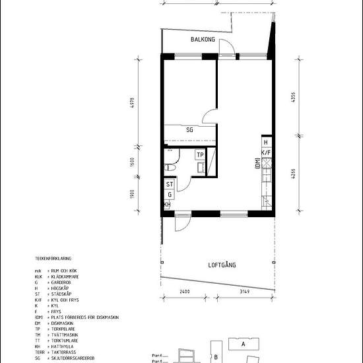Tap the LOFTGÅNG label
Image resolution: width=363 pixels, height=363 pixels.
[222, 265]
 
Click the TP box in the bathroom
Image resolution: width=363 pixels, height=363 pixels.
[199, 155]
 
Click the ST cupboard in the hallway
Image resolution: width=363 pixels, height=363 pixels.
[170, 185]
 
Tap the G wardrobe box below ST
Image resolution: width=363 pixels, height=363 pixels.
[170, 195]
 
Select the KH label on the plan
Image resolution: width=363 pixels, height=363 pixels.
[166, 205]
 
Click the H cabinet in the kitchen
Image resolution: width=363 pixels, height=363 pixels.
[265, 143]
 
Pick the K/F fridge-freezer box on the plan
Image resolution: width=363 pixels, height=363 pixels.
[265, 153]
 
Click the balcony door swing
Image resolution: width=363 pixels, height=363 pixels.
[226, 46]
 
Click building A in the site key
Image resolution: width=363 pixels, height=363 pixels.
[243, 344]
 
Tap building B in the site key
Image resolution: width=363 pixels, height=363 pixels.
[216, 357]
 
